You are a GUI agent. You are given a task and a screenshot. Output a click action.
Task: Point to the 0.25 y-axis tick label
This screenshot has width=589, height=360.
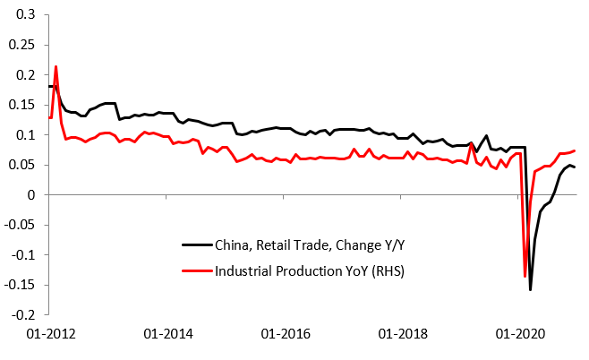tap(21, 45)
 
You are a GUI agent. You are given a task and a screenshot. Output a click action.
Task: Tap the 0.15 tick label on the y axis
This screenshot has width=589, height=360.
tap(21, 105)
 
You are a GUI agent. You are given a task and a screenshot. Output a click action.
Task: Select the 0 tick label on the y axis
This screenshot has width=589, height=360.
tap(31, 195)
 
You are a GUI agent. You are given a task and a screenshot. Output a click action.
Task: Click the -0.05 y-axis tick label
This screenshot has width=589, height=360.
tap(20, 225)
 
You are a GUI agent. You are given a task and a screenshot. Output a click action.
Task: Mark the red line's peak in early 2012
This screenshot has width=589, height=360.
tap(56, 66)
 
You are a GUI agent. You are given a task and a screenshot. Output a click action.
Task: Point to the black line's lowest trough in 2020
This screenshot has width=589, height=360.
tap(530, 289)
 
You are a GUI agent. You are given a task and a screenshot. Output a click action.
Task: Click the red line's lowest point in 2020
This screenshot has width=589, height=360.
tap(525, 276)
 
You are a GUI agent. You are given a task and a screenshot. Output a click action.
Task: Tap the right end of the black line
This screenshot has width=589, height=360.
tap(575, 167)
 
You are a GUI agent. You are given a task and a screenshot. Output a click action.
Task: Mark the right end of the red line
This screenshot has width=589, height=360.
tap(575, 150)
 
